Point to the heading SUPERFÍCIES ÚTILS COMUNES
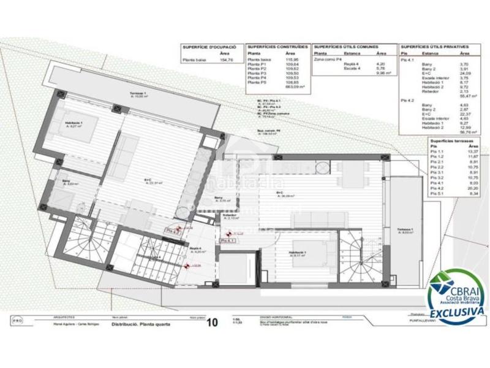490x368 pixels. pyautogui.click(x=345, y=47)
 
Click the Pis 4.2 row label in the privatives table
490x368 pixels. pyautogui.click(x=407, y=99)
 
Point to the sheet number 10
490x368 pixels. pyautogui.click(x=213, y=321)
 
